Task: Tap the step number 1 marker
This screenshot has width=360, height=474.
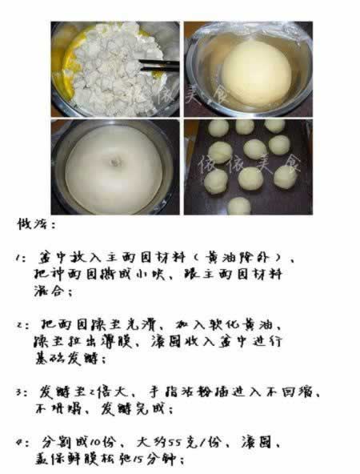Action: [x=22, y=259]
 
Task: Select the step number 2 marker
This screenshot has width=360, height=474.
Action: [x=22, y=327]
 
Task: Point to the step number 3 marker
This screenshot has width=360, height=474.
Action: [x=22, y=393]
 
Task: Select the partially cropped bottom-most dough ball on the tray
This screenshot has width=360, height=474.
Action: [x=238, y=207]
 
